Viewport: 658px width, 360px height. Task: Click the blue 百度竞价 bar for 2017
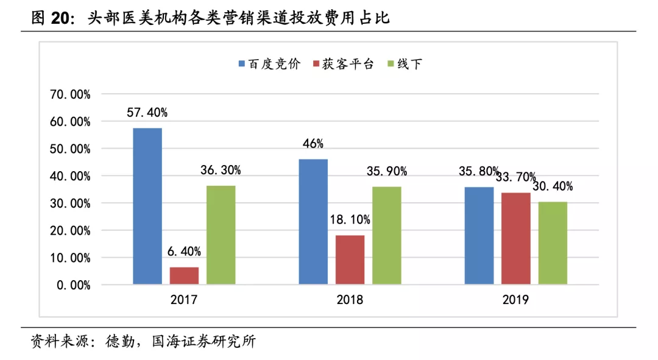tap(147, 206)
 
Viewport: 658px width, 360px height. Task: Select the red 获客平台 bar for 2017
tap(184, 276)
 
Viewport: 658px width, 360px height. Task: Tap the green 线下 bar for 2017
tap(221, 235)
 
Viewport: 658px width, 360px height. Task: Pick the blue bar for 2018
tap(313, 222)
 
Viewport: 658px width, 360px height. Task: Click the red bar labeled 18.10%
tap(350, 259)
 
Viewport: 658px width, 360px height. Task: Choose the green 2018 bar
tap(386, 235)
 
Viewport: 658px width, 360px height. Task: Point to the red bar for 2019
tap(516, 238)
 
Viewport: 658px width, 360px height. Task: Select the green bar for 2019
tap(553, 243)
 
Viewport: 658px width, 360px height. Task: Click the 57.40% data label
tap(147, 113)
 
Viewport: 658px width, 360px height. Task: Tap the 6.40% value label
tap(184, 252)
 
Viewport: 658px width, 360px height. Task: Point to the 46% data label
tap(313, 144)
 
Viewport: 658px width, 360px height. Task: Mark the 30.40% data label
tap(553, 186)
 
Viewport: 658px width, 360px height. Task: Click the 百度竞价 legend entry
tap(269, 64)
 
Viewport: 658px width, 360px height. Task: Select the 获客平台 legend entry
tap(343, 64)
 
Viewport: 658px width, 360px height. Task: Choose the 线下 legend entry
tap(405, 64)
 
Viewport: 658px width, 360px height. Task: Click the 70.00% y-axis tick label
tap(70, 94)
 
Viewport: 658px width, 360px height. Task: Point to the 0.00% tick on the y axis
tap(74, 285)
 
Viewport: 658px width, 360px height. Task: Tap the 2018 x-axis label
tap(350, 300)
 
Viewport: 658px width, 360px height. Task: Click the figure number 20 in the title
tap(60, 18)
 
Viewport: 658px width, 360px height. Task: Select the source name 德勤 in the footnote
tap(120, 341)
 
